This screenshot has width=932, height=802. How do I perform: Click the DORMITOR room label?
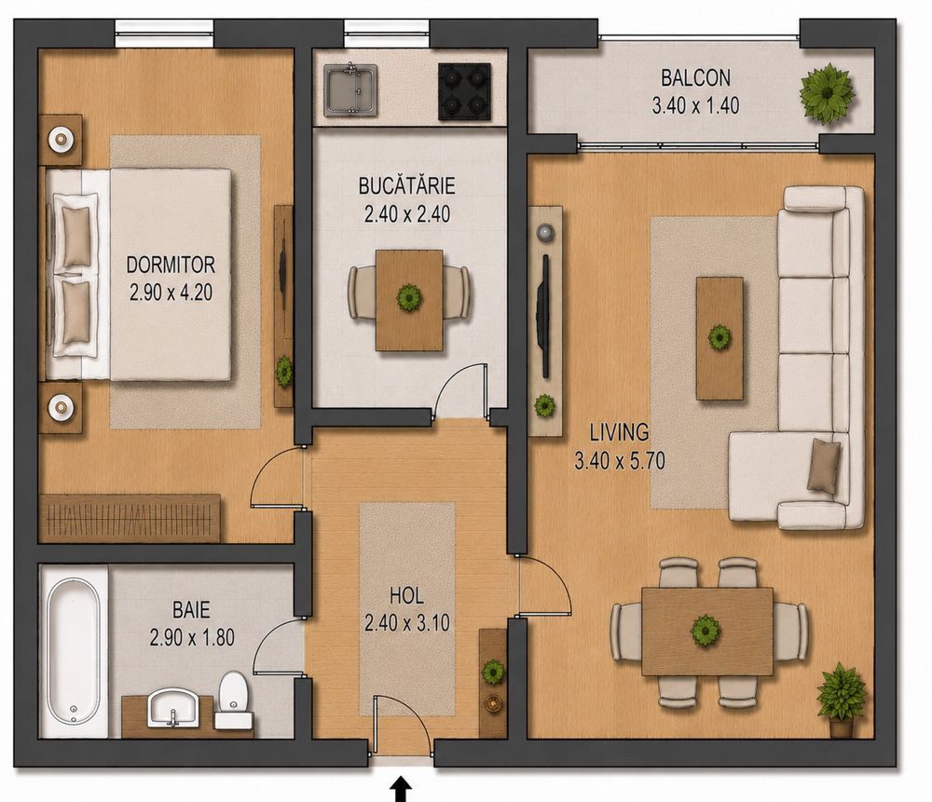[171, 265]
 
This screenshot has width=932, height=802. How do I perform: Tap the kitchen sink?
[350, 89]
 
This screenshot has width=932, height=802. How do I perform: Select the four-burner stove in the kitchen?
[464, 91]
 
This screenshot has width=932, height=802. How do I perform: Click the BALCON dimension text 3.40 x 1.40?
[695, 106]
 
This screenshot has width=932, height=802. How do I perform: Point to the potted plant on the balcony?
[827, 93]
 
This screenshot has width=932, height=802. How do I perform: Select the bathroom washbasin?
[173, 708]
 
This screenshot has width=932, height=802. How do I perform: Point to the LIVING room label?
[619, 432]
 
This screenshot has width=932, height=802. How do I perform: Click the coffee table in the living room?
[720, 338]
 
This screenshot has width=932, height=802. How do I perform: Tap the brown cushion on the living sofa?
[824, 465]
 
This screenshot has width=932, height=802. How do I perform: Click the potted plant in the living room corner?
[841, 700]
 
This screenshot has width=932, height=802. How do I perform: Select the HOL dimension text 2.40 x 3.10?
[407, 623]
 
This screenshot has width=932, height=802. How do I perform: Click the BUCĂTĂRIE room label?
[406, 186]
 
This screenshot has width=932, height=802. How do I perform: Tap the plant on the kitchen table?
[409, 297]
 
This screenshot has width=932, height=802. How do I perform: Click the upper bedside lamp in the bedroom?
[61, 140]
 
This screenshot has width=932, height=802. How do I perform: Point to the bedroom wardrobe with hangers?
[130, 518]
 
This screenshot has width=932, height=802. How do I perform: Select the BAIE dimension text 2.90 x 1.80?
[192, 638]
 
